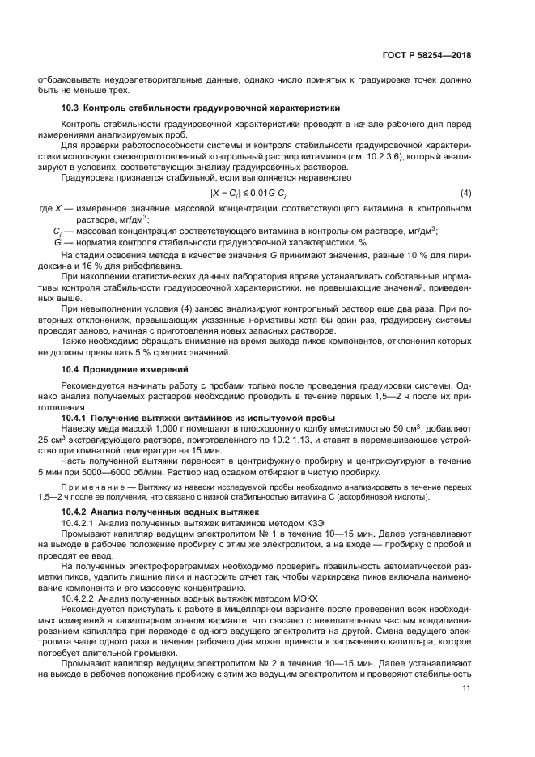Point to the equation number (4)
[465, 194]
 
